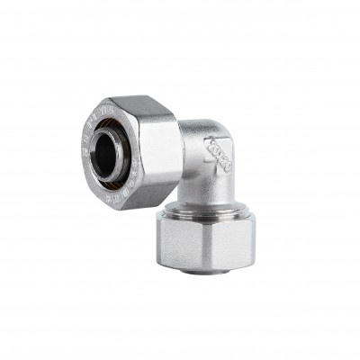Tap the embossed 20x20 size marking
(x=219, y=154)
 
